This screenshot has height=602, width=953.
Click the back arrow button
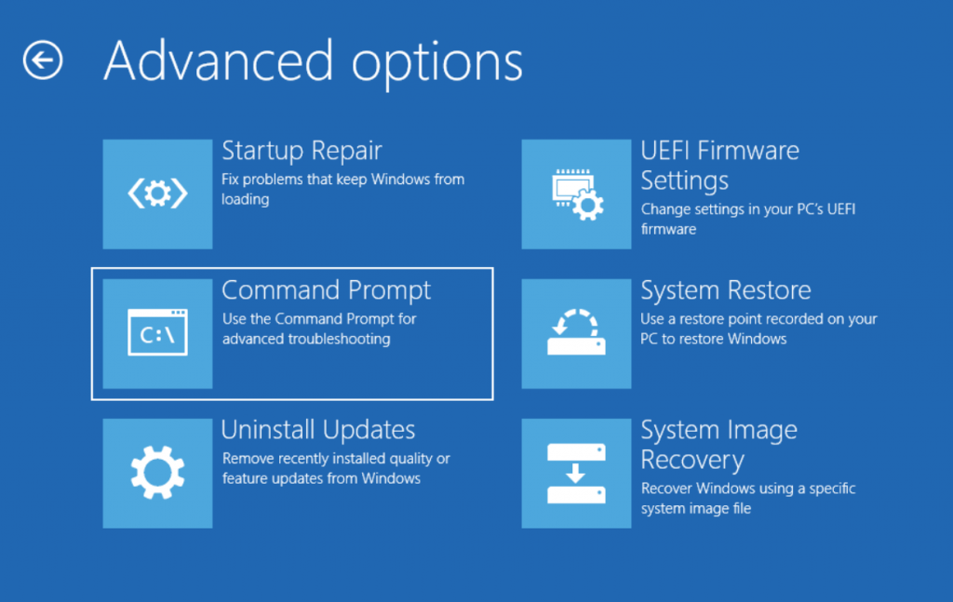(43, 60)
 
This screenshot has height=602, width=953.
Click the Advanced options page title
(313, 62)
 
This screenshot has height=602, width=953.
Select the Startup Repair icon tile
(157, 194)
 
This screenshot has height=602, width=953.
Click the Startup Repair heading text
(302, 151)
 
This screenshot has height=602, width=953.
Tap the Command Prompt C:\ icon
(157, 333)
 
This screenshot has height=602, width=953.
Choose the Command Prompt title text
(326, 291)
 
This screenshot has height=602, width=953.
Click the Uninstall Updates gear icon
(157, 473)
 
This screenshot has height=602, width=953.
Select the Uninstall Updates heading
(318, 430)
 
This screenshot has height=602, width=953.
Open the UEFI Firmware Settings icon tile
(576, 194)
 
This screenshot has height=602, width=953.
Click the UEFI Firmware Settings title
(719, 166)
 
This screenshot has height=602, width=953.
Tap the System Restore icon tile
(576, 333)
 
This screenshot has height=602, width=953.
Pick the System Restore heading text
(726, 290)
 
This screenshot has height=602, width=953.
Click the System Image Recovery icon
(576, 473)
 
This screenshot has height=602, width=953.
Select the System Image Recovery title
(719, 446)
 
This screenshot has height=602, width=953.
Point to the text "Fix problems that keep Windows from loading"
(342, 189)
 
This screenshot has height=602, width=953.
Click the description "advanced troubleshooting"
(306, 339)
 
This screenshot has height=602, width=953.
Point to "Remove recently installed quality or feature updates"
(336, 468)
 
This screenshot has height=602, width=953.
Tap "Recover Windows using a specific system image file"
(748, 498)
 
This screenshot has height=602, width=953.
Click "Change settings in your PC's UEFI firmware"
(748, 219)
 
